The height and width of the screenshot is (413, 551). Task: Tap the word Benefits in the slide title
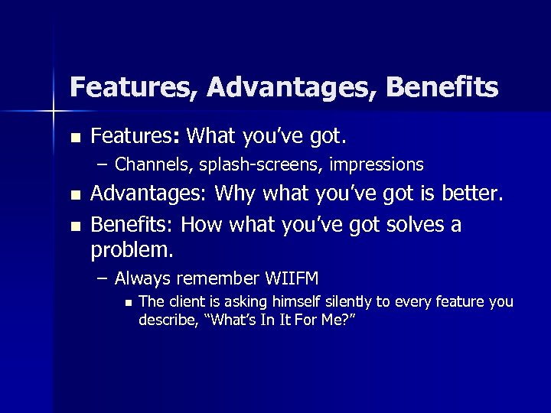(x=442, y=87)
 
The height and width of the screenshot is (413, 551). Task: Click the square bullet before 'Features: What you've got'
(x=74, y=138)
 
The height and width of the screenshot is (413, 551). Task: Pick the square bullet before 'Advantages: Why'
(x=74, y=197)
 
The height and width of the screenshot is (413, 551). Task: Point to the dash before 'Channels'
(x=103, y=164)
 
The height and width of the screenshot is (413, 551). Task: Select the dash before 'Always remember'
(x=103, y=278)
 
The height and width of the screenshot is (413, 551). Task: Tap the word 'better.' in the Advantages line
(x=474, y=194)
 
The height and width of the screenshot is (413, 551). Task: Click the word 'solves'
(x=408, y=225)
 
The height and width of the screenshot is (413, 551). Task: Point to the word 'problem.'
(x=132, y=249)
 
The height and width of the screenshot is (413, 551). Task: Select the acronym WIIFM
(x=291, y=277)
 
